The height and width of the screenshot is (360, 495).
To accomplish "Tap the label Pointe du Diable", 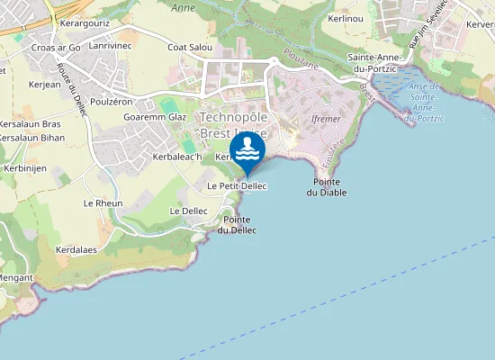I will tap(325, 186).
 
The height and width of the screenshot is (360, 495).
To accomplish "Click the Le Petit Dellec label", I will tap(237, 185).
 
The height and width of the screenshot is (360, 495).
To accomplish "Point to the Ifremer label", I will tap(325, 118).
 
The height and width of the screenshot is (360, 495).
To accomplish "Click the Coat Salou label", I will tap(189, 47).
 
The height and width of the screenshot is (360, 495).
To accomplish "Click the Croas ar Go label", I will tap(56, 47).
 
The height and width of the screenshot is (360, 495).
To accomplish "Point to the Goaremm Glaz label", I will tap(154, 117).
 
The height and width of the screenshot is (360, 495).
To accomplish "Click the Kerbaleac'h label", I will tap(176, 157).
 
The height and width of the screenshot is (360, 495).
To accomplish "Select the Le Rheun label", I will tap(103, 202).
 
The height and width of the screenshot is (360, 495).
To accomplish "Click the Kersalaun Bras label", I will tap(30, 123).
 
